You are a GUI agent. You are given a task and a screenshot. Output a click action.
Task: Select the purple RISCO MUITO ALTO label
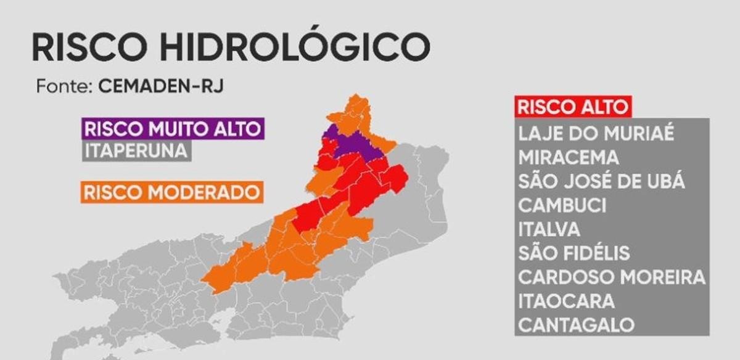(173, 129)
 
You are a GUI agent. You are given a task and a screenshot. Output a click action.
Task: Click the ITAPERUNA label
(136, 150)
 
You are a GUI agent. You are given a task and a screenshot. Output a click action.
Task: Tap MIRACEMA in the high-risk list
(568, 158)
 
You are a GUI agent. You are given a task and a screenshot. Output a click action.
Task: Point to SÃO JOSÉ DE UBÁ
(601, 182)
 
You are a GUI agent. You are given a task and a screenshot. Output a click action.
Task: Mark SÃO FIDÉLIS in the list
(574, 253)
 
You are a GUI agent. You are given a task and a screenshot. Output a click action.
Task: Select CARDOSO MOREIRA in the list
(611, 277)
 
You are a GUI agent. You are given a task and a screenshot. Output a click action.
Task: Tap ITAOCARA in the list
(566, 301)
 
